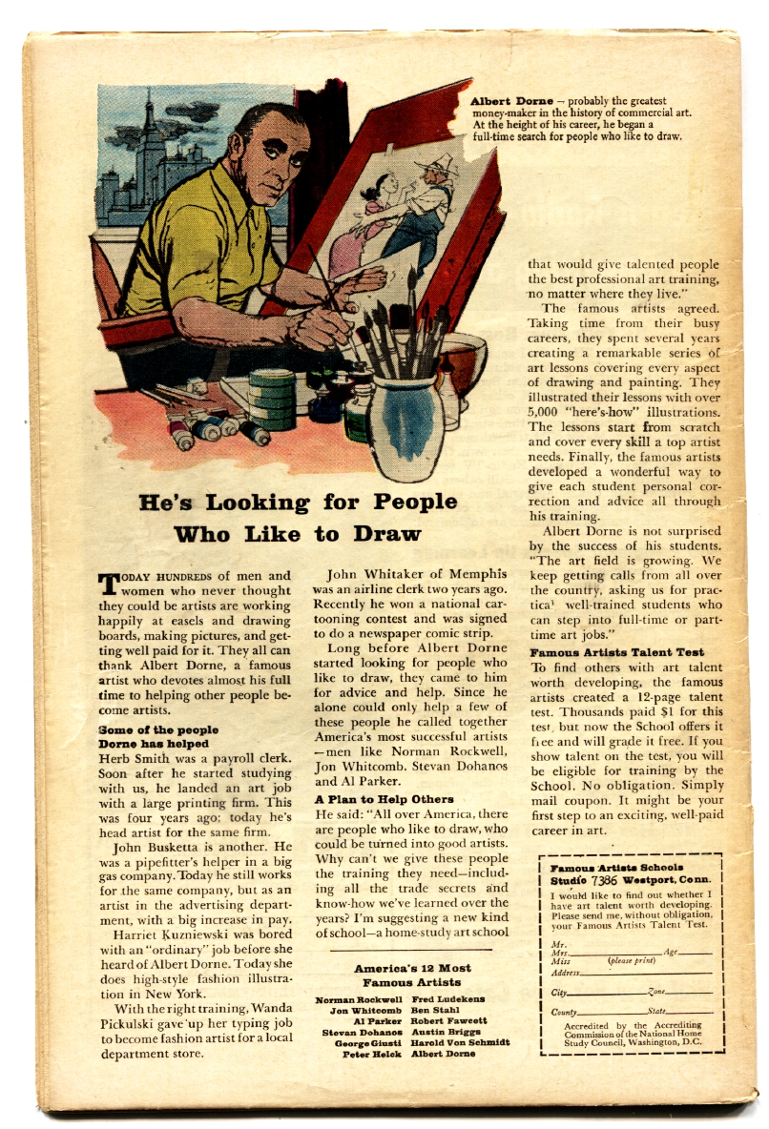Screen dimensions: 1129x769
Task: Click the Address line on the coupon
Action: pyautogui.click(x=631, y=973)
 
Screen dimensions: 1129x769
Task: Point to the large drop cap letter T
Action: pyautogui.click(x=109, y=585)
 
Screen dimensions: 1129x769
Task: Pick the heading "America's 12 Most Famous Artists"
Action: pyautogui.click(x=412, y=975)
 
